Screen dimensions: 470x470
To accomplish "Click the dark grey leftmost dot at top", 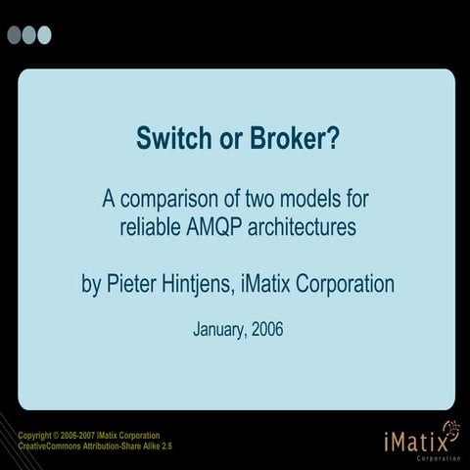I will [x=15, y=35].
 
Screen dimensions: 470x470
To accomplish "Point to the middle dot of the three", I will [x=29, y=35].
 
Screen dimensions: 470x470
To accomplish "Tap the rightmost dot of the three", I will [x=44, y=35].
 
